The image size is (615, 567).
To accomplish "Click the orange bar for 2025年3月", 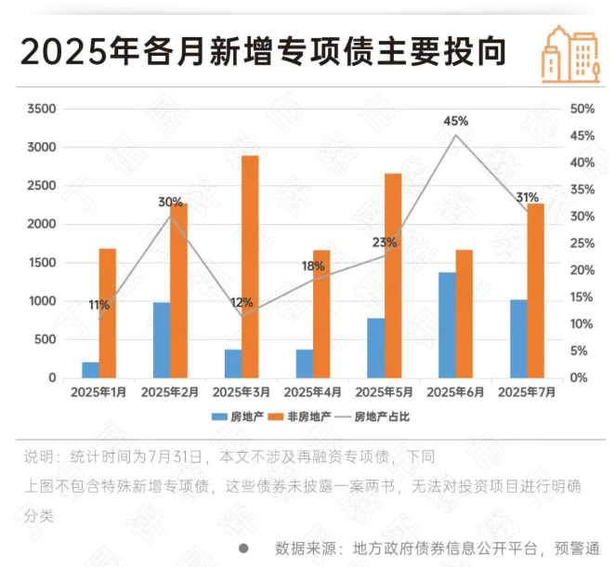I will (x=250, y=267).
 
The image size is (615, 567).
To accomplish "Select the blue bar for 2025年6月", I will (x=447, y=325).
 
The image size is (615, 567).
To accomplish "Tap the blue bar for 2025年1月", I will (x=90, y=370).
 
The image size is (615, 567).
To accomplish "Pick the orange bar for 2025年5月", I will (x=393, y=276).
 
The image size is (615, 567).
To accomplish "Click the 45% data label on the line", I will (x=456, y=122).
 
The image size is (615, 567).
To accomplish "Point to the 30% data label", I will (x=170, y=202).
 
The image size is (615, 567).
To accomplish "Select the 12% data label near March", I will (x=242, y=303).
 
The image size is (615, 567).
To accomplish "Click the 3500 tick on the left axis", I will (x=42, y=109).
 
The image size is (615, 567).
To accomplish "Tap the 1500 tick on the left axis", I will (x=42, y=263).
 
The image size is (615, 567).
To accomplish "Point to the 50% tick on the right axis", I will (x=582, y=109).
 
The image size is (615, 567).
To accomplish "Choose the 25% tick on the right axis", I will (x=582, y=244).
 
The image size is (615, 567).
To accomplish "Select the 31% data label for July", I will (x=527, y=198).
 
